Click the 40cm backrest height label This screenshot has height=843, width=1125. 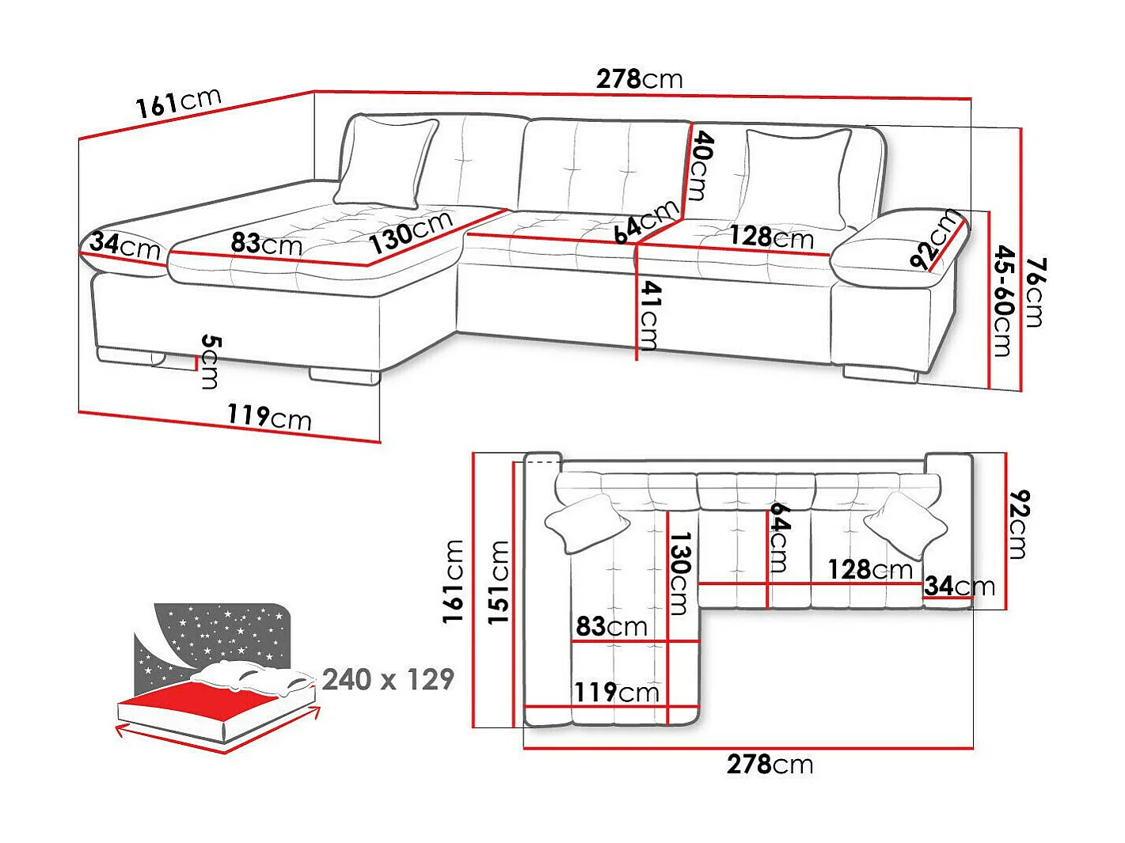pyautogui.click(x=700, y=165)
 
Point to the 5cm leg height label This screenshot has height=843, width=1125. pyautogui.click(x=209, y=362)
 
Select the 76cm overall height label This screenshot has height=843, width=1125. pyautogui.click(x=1033, y=291)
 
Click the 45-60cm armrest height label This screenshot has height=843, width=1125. pyautogui.click(x=1002, y=301)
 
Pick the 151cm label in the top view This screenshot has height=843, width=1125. pyautogui.click(x=498, y=582)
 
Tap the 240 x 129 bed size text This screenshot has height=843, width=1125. pyautogui.click(x=388, y=679)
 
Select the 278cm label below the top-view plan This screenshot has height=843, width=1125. pyautogui.click(x=770, y=765)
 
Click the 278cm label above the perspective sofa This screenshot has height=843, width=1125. pyautogui.click(x=639, y=79)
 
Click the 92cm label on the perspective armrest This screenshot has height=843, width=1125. pyautogui.click(x=935, y=240)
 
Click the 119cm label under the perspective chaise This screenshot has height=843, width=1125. pyautogui.click(x=269, y=416)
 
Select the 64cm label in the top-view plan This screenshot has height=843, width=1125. pyautogui.click(x=777, y=537)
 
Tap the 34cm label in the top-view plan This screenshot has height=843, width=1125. pyautogui.click(x=959, y=587)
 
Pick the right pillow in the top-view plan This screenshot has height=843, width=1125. pyautogui.click(x=905, y=522)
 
